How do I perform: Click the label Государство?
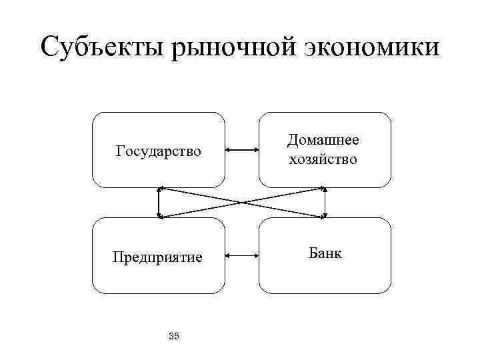[x=158, y=151]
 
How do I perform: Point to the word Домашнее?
[x=323, y=140]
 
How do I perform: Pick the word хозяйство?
[x=323, y=159]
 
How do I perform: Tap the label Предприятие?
[x=158, y=257]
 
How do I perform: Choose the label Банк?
[x=325, y=253]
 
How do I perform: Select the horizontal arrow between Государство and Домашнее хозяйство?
[x=241, y=151]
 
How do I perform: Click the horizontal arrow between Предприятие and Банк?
[x=241, y=255]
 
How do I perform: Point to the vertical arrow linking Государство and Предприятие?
[x=159, y=202]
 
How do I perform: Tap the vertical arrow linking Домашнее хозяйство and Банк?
[x=325, y=202]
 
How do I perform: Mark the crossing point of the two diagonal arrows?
[x=242, y=202]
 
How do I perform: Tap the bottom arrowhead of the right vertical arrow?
[x=325, y=214]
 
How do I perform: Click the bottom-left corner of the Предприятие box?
[x=94, y=291]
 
